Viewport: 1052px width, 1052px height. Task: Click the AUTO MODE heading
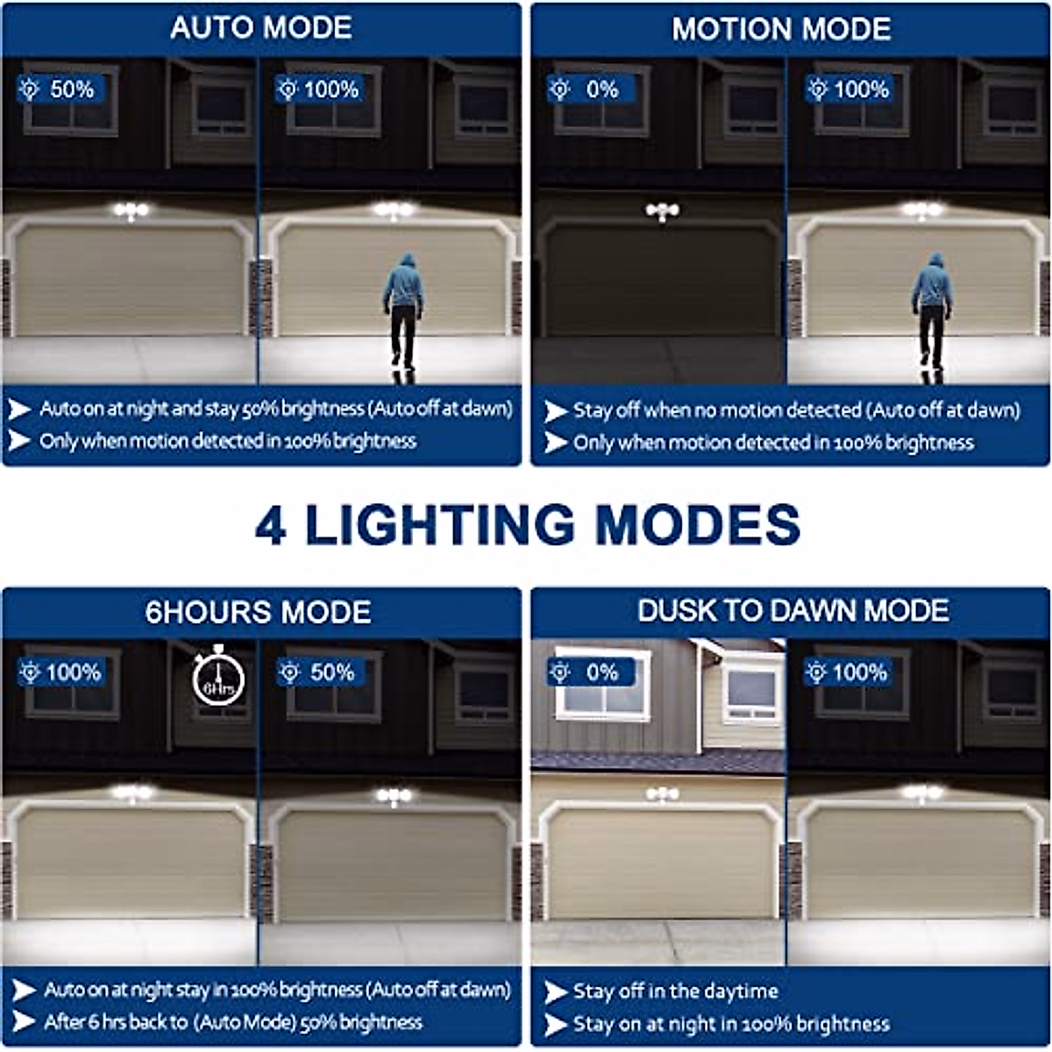261,28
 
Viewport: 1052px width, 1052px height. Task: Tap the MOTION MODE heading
781,29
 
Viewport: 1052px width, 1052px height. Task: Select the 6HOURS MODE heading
258,611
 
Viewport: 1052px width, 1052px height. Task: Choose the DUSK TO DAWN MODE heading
793,610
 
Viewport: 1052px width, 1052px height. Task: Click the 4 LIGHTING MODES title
527,525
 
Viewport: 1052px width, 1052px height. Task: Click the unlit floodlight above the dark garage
662,211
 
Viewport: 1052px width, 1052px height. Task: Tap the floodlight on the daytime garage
662,795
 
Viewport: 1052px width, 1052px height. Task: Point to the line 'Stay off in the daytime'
675,992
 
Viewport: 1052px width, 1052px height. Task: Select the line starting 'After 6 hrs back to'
232,1022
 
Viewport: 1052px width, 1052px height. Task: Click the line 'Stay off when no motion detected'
796,410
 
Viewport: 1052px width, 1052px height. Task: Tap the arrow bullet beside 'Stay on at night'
555,1024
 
